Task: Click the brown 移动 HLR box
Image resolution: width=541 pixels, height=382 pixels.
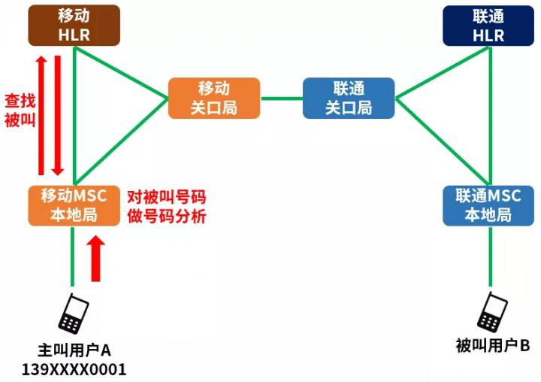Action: pyautogui.click(x=74, y=26)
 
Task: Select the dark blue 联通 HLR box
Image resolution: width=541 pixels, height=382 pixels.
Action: pyautogui.click(x=488, y=26)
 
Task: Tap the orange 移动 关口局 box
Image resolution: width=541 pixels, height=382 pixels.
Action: pyautogui.click(x=214, y=98)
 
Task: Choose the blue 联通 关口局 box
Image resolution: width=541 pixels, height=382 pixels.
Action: pyautogui.click(x=349, y=98)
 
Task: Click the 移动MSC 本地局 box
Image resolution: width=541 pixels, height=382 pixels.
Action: pyautogui.click(x=74, y=206)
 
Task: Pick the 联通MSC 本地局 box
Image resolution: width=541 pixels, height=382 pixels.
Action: pyautogui.click(x=488, y=206)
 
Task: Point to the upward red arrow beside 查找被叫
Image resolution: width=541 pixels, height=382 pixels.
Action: pyautogui.click(x=41, y=115)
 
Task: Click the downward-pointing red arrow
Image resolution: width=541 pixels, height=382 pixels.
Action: pyautogui.click(x=58, y=115)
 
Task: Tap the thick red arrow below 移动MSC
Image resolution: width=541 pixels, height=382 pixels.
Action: pyautogui.click(x=95, y=259)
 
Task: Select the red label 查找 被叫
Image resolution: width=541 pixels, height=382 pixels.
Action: pyautogui.click(x=20, y=111)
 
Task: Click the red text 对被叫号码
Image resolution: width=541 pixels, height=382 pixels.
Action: pyautogui.click(x=167, y=197)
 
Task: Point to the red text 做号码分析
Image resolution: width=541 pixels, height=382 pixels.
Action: pyautogui.click(x=167, y=217)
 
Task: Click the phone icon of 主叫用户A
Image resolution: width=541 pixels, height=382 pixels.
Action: pyautogui.click(x=74, y=314)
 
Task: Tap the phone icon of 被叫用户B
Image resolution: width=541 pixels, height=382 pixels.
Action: pyautogui.click(x=492, y=312)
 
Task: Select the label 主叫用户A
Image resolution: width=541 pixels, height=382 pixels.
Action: pyautogui.click(x=74, y=350)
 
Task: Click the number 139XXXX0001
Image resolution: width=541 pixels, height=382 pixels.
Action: pyautogui.click(x=74, y=369)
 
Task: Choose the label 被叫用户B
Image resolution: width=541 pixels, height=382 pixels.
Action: pyautogui.click(x=493, y=345)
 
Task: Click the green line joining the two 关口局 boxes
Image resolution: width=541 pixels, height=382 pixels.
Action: pyautogui.click(x=281, y=99)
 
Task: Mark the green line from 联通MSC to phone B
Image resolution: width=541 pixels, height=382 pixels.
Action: pyautogui.click(x=490, y=256)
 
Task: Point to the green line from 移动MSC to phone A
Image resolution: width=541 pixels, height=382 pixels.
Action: pyautogui.click(x=72, y=256)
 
